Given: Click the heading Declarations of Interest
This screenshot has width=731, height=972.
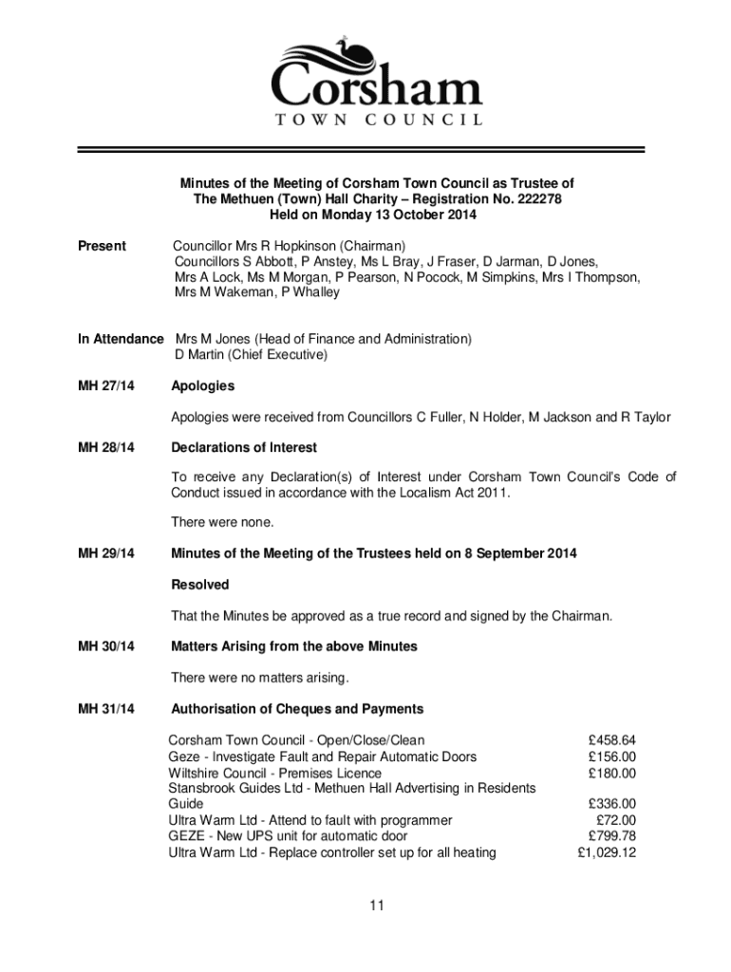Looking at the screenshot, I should tap(244, 447).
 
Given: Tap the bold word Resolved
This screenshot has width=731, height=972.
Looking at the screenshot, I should tap(199, 585).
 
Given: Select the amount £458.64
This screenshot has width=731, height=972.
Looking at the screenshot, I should tap(612, 740).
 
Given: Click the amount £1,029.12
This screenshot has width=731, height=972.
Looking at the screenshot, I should tap(607, 852).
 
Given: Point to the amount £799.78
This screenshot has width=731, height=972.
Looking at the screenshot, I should tap(612, 836).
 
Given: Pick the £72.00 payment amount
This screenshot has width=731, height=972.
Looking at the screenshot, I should tap(616, 820).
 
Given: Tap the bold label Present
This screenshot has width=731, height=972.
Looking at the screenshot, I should tap(102, 246).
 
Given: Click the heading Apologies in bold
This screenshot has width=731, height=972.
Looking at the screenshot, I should tap(202, 386).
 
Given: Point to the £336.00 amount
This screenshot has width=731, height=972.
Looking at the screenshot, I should tap(612, 804).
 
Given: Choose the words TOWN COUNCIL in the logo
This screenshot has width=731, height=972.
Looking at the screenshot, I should tap(378, 121).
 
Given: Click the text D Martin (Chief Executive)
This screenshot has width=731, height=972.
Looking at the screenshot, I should tap(251, 355).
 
